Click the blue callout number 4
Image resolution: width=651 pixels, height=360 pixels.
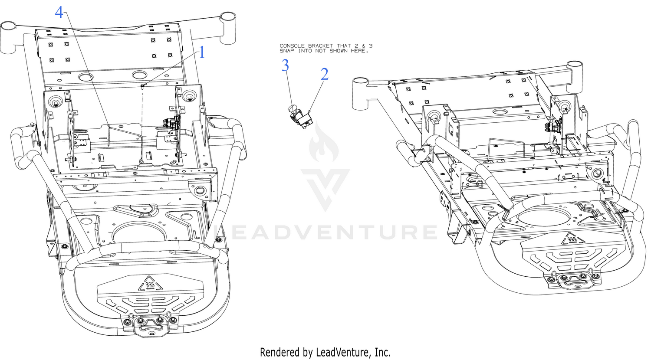tap(59, 13)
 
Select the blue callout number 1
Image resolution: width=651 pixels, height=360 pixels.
tap(202, 53)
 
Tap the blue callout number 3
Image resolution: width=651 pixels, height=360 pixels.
tap(286, 65)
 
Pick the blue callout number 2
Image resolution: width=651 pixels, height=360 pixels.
tap(324, 74)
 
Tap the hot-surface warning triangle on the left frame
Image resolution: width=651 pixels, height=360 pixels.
tap(150, 284)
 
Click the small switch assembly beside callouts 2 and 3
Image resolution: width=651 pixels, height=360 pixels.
tap(300, 117)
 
